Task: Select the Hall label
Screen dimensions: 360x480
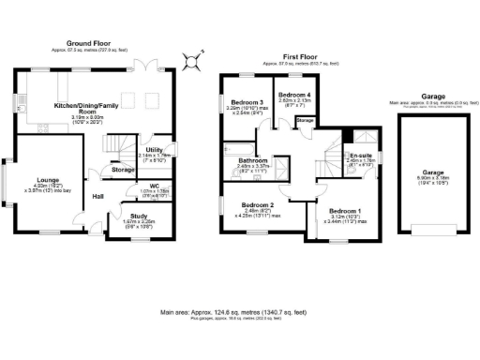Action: (x=97, y=196)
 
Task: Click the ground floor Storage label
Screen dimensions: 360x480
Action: (x=123, y=170)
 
